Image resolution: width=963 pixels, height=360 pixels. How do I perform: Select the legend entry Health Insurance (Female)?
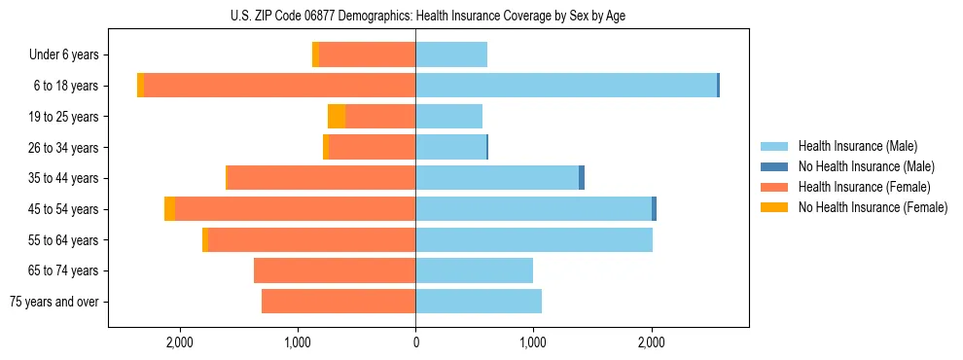(x=864, y=187)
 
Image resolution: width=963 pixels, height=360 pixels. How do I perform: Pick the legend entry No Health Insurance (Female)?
(x=872, y=207)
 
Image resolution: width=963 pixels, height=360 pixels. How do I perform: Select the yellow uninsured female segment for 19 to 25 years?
(x=337, y=117)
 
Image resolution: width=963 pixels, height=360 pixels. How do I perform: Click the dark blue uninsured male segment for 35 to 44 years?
(x=582, y=178)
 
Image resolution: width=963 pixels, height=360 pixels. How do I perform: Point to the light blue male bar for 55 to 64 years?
(x=534, y=240)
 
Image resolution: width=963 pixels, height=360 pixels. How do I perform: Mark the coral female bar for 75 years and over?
(x=339, y=302)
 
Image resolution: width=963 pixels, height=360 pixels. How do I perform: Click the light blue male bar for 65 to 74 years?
(x=474, y=270)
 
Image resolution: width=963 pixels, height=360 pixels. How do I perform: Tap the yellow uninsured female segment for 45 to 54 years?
(x=170, y=209)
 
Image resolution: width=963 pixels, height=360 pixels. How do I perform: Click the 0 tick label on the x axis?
(x=415, y=342)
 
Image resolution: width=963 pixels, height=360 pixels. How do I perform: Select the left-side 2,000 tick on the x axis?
(x=179, y=342)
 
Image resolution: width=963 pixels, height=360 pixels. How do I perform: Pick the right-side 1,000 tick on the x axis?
(x=533, y=342)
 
